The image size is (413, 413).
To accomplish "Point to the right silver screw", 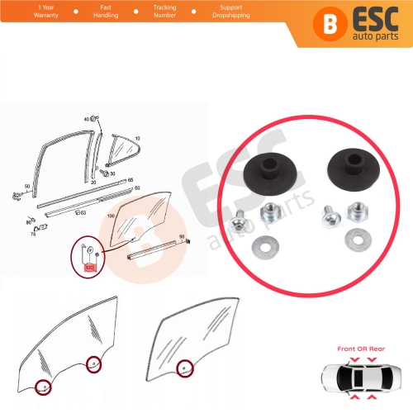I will pyautogui.click(x=328, y=217).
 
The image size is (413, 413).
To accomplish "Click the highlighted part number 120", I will pyautogui.click(x=90, y=266).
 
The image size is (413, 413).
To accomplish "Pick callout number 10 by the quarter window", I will pyautogui.click(x=137, y=138).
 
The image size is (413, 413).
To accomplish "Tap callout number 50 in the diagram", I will pyautogui.click(x=27, y=187).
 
